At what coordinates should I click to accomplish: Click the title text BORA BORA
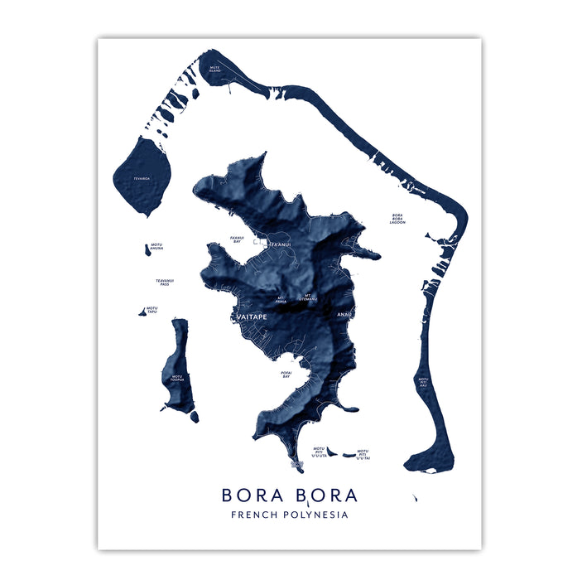coord(290,495)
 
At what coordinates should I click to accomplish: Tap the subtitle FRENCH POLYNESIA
coord(290,515)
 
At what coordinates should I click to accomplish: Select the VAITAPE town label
coord(249,317)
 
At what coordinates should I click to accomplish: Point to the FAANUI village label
coord(280,244)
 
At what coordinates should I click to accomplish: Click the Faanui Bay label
coord(237,239)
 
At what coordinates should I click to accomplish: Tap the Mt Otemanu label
coord(308,297)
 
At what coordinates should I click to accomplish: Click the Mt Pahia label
coord(281,300)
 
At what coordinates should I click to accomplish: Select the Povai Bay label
coord(286,375)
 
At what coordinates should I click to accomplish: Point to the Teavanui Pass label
coord(165,283)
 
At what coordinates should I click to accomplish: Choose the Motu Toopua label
coord(177,379)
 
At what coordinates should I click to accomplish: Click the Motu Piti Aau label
coord(423,383)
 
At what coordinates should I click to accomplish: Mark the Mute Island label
coord(215,68)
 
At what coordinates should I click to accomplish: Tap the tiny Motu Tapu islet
coord(142,312)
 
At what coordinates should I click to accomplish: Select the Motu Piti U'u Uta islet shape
coord(331,452)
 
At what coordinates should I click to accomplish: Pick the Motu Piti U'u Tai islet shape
coord(350,453)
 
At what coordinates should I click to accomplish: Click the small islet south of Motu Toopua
coord(194,417)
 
